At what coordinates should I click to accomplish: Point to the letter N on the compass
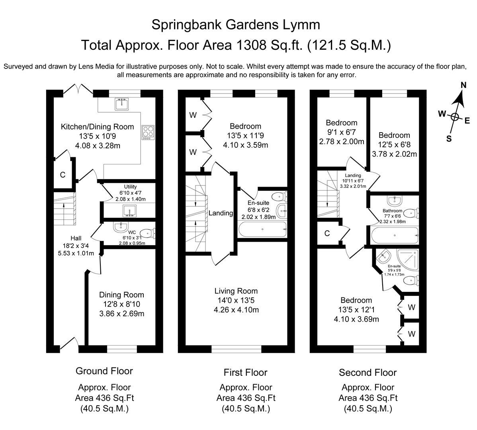[463, 85]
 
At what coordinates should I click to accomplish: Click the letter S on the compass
[449, 139]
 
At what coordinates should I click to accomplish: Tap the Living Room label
[236, 291]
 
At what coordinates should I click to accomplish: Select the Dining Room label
[121, 295]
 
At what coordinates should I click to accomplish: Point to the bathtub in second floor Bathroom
[394, 236]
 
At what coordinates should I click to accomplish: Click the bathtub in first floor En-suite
[262, 230]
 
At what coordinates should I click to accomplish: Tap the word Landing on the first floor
[221, 213]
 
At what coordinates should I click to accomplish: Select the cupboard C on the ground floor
[63, 174]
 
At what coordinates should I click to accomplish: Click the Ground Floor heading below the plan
[104, 371]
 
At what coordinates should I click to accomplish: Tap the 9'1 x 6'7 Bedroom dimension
[341, 132]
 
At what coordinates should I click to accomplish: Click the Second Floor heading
[368, 373]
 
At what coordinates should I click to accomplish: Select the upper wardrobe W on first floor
[193, 115]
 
